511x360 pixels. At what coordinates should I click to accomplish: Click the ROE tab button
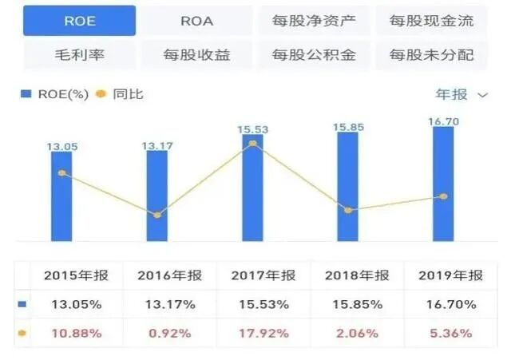tap(79, 21)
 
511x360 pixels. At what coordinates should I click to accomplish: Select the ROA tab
tap(197, 21)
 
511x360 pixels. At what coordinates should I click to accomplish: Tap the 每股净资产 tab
tap(314, 21)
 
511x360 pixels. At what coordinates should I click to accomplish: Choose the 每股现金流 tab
tap(430, 21)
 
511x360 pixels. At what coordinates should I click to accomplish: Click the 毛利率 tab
tap(79, 55)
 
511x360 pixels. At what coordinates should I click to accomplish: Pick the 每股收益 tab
tap(197, 55)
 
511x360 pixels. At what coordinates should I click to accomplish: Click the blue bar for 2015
tap(61, 196)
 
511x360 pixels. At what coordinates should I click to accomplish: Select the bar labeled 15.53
tap(252, 188)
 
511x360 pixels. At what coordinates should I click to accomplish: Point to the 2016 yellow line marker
tap(157, 215)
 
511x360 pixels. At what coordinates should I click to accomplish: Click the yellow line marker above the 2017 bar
tap(252, 144)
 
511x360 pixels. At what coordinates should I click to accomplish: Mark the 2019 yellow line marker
tap(443, 196)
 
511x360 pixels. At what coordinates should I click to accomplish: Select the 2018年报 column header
tap(357, 275)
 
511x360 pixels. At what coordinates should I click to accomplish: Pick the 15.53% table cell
tap(263, 304)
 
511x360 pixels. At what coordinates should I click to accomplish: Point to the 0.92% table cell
tap(168, 333)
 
